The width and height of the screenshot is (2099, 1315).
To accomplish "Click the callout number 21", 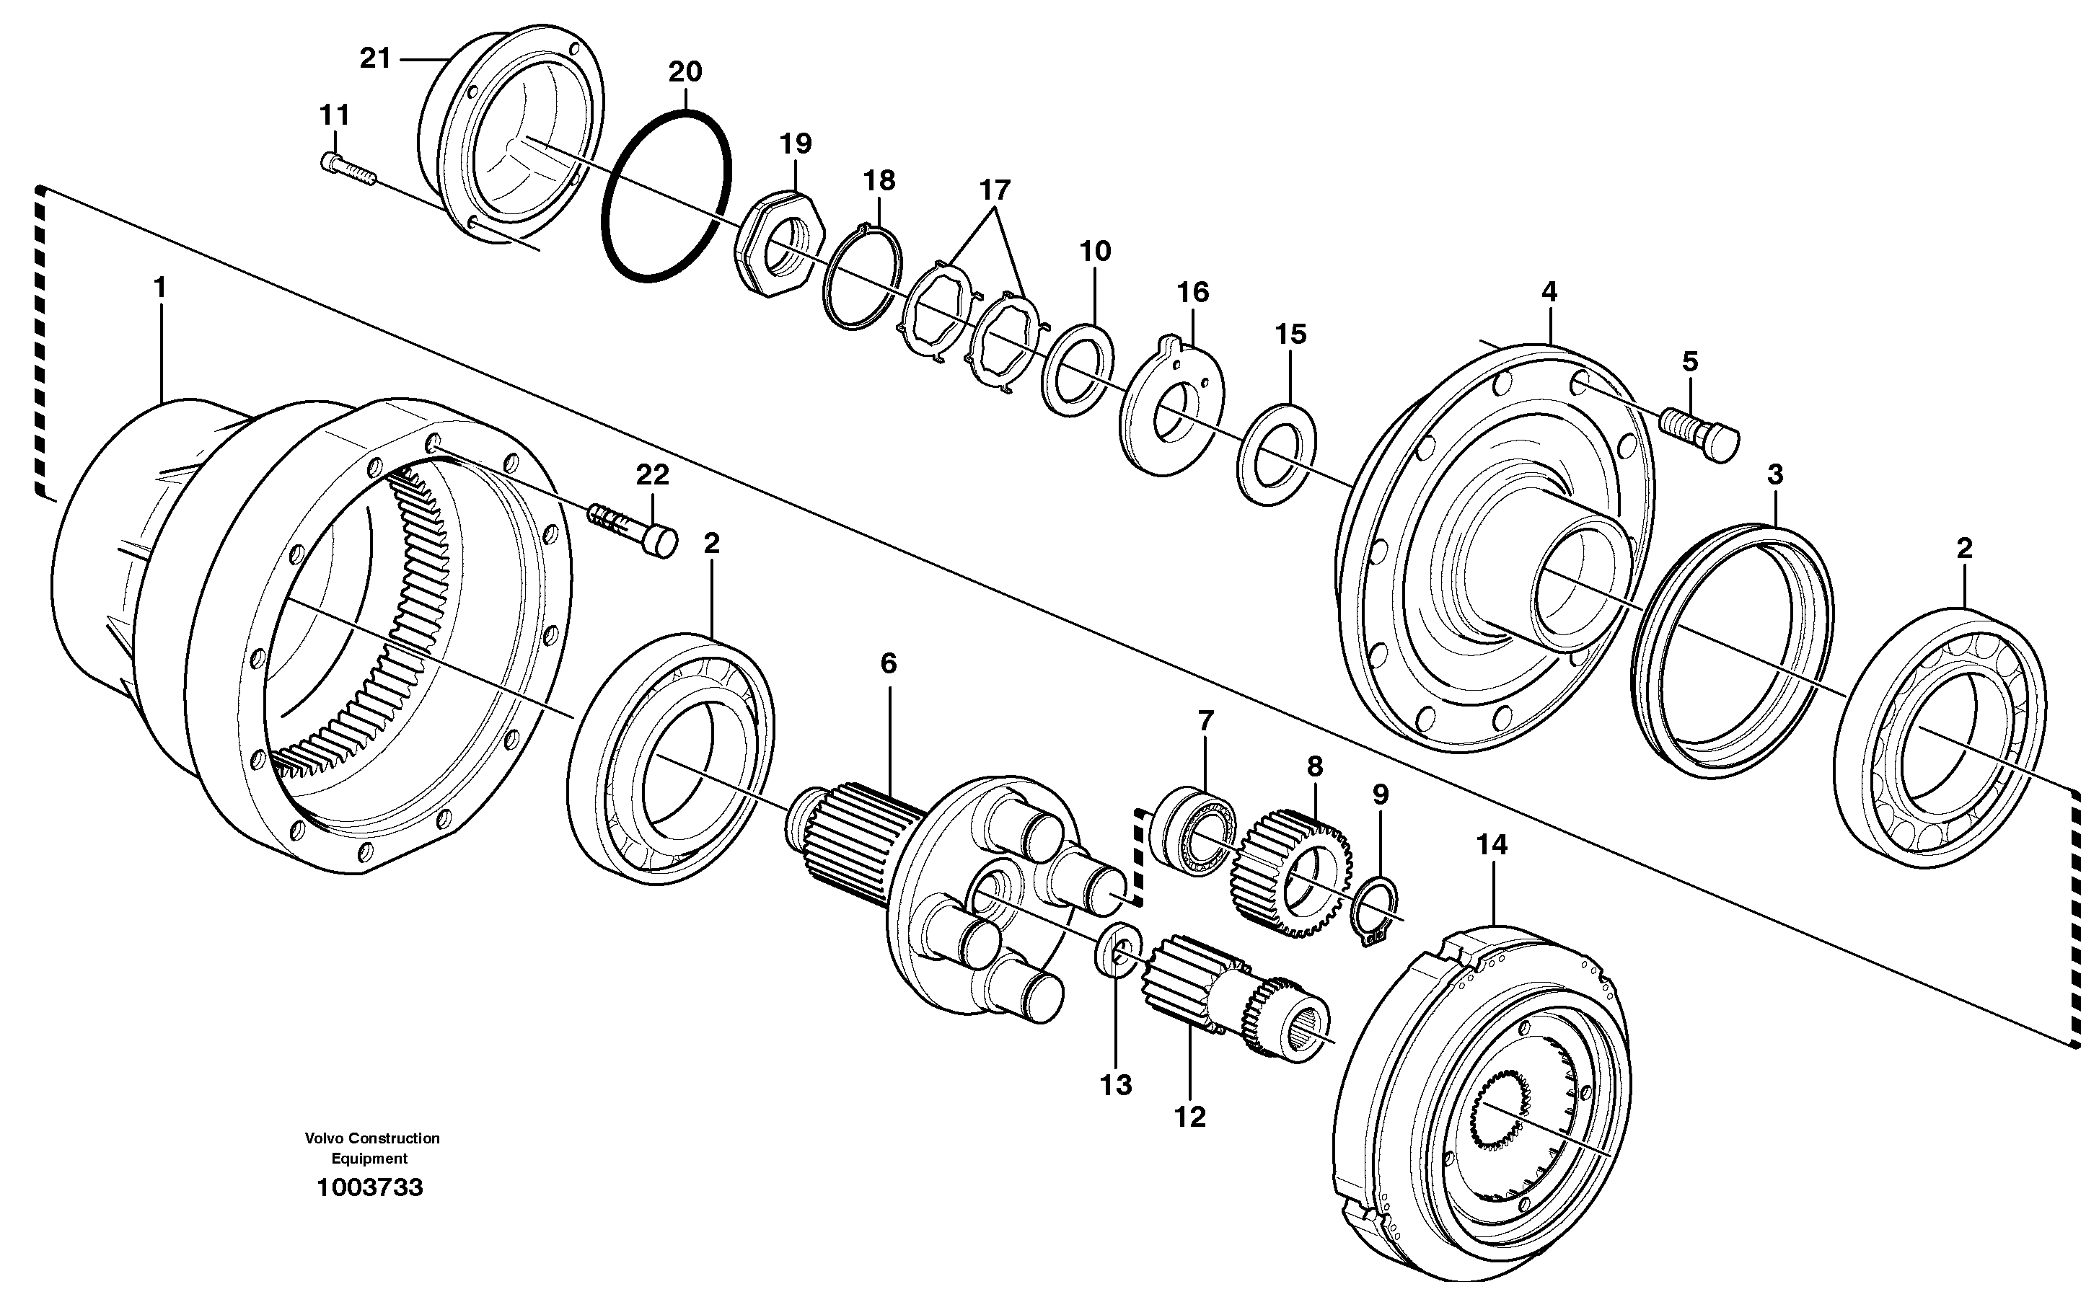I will [x=375, y=59].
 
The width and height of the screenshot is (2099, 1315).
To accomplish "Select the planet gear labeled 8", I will [x=1290, y=872].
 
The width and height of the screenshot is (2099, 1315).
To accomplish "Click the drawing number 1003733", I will [x=370, y=1187].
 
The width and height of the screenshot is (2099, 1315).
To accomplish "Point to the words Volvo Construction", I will [x=371, y=1138].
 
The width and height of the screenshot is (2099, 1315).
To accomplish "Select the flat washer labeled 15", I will [x=1276, y=453].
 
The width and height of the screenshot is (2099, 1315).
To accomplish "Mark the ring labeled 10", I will [x=1078, y=370].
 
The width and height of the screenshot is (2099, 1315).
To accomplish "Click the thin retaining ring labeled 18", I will [x=863, y=278].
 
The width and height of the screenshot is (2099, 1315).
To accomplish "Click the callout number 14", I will [x=1492, y=844].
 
